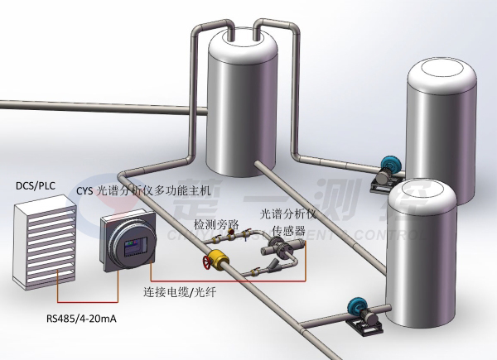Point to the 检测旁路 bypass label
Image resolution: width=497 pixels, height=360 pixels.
[x=216, y=224]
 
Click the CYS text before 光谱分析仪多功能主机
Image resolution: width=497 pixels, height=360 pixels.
[x=85, y=190]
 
